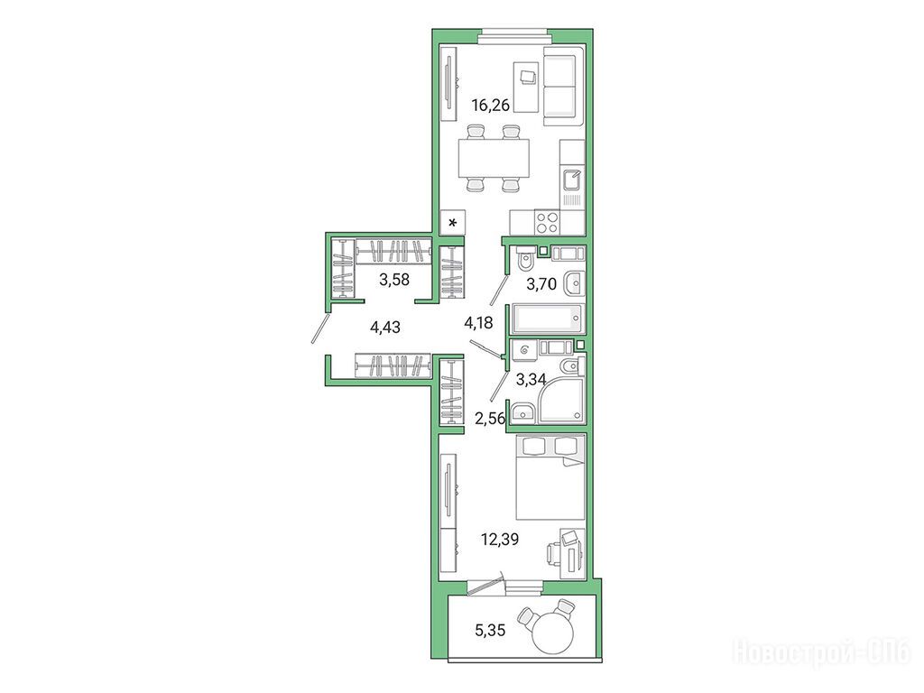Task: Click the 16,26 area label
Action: coord(490,106)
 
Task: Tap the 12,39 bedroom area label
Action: coord(500,539)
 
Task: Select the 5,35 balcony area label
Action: coord(490,631)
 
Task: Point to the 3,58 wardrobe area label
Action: coord(393,280)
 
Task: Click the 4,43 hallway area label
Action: coord(384,327)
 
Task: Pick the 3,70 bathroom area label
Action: coord(541,284)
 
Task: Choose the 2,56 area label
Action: coord(490,419)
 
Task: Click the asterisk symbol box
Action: coord(453,223)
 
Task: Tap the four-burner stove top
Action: coord(547,223)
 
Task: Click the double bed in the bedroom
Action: coord(550,477)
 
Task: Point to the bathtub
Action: coord(548,319)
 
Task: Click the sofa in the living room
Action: coord(563,88)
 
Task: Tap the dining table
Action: coord(494,158)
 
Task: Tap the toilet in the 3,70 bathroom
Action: coord(524,257)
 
